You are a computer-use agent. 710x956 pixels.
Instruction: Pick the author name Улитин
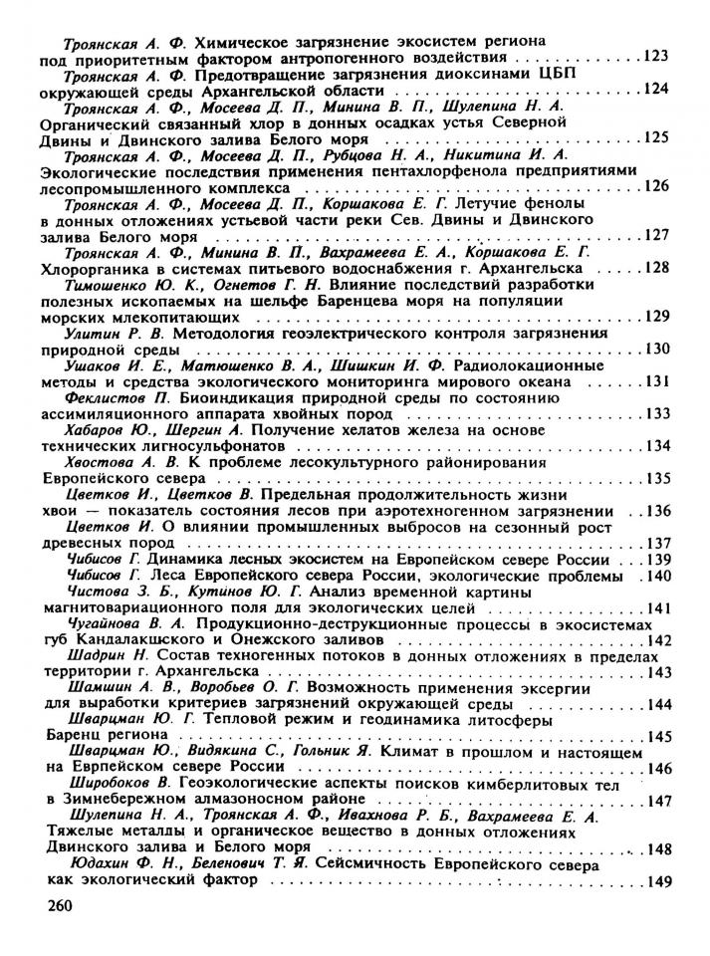click(x=93, y=333)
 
